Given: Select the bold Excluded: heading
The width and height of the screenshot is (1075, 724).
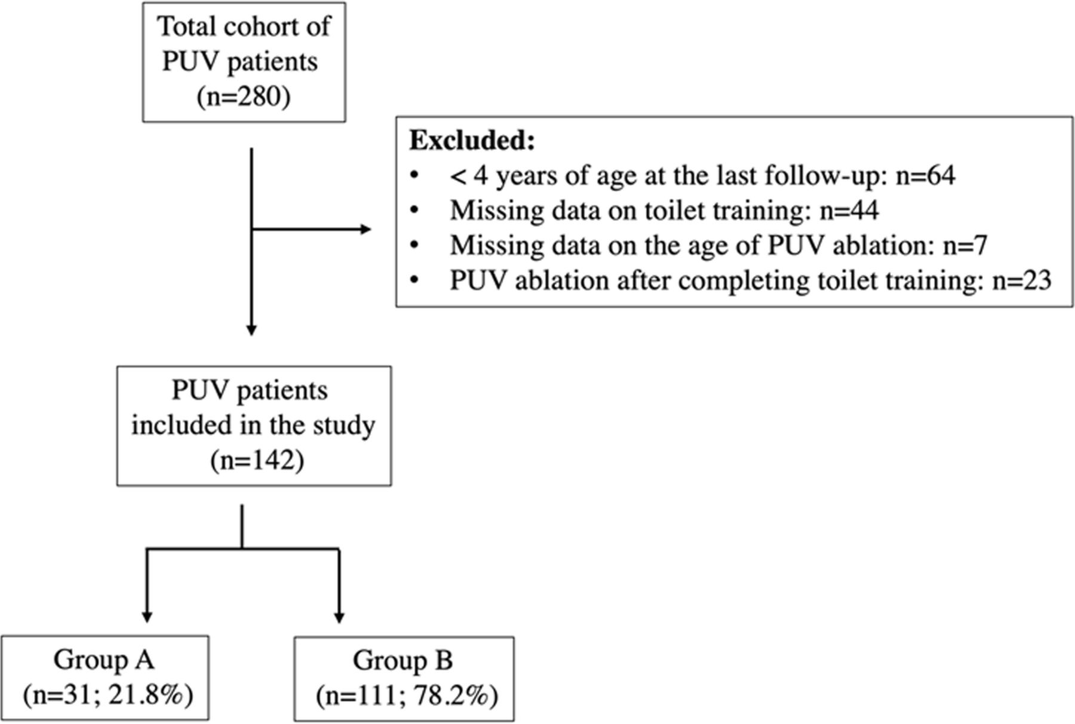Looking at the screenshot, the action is [x=472, y=141].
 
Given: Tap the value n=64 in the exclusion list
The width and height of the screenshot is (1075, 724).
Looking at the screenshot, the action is [x=925, y=175].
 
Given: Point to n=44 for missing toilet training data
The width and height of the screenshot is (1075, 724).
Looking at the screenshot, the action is [x=849, y=210].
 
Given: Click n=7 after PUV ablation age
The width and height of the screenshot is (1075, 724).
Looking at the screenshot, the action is [x=965, y=245].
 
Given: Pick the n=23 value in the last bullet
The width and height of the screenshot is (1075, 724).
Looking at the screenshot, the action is [x=1021, y=280].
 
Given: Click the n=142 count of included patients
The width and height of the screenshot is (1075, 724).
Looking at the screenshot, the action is [x=257, y=461].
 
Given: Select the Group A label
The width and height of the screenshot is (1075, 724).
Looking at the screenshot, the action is [x=104, y=660].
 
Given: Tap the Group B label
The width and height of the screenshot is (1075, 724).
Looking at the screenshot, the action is [x=403, y=660].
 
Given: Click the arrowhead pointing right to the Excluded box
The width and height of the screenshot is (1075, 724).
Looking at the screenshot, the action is [x=365, y=229].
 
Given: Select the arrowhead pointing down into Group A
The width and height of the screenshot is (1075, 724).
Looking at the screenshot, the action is [x=147, y=617].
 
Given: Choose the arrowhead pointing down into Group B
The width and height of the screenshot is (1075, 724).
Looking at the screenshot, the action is [x=339, y=617].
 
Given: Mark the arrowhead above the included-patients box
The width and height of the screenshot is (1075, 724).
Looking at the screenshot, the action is [x=251, y=329].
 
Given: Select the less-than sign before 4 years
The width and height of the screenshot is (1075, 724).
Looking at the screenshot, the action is [x=458, y=177].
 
